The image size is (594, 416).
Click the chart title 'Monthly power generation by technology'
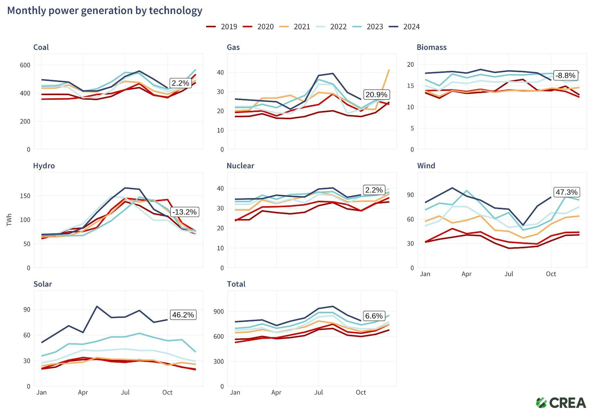click(x=105, y=11)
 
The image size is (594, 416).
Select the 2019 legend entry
click(x=222, y=27)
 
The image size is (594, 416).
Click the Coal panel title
click(x=41, y=47)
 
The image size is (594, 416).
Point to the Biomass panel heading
click(x=431, y=47)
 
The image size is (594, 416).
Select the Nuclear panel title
click(x=240, y=166)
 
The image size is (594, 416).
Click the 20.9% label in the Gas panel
click(x=376, y=95)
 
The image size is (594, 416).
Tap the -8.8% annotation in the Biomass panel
click(x=565, y=75)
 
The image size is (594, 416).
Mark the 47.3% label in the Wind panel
click(x=566, y=192)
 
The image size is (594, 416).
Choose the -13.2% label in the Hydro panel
click(x=184, y=212)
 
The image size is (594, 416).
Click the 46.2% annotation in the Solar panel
click(x=183, y=315)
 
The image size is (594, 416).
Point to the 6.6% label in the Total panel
click(x=374, y=316)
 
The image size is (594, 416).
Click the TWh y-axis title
click(x=9, y=220)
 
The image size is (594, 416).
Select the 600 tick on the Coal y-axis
click(x=25, y=65)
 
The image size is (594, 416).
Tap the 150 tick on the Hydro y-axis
click(x=25, y=196)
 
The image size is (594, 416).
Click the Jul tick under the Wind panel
click(x=508, y=274)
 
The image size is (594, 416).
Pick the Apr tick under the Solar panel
click(x=83, y=393)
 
